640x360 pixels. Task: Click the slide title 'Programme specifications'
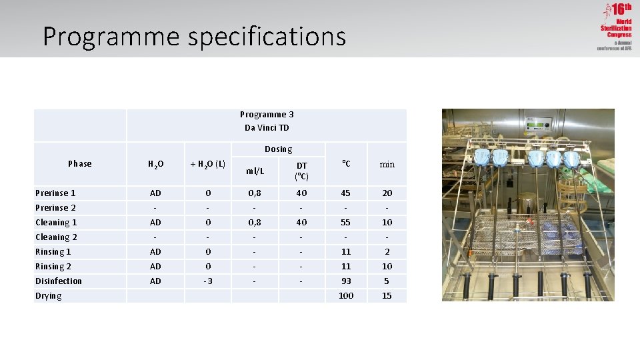[194, 36]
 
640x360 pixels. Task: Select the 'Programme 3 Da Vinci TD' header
[267, 121]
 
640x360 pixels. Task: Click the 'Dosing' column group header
[278, 149]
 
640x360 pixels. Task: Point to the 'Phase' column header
[80, 163]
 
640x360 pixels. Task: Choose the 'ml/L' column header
[255, 171]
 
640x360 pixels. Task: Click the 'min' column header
[387, 164]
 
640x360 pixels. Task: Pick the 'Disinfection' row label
[59, 281]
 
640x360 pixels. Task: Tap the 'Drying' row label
[49, 295]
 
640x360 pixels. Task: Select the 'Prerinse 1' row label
[55, 193]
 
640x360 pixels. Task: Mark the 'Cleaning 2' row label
[56, 237]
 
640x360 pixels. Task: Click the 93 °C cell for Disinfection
[346, 281]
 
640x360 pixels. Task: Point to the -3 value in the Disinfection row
[208, 281]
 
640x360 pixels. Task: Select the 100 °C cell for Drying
[346, 295]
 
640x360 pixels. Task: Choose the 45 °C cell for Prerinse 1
[346, 193]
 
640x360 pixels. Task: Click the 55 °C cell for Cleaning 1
[346, 222]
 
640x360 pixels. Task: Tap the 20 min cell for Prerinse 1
[387, 193]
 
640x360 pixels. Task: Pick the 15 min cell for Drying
[387, 295]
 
